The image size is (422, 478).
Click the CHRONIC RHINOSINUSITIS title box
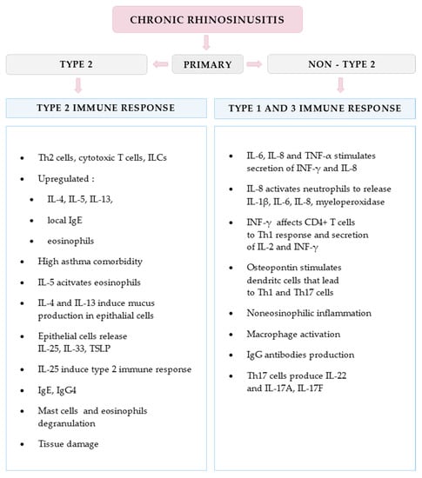(x=210, y=18)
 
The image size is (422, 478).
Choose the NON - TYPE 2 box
(x=340, y=63)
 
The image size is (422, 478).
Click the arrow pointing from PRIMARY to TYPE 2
(x=158, y=63)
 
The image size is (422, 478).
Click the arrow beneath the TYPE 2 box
(x=78, y=85)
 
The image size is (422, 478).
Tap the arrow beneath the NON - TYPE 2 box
(x=340, y=85)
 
